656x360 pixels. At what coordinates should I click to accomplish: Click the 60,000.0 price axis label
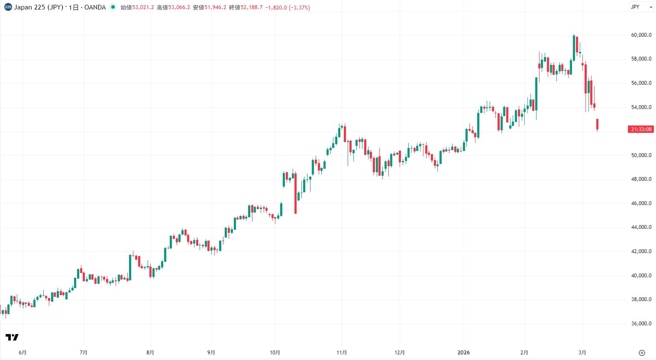coord(641,35)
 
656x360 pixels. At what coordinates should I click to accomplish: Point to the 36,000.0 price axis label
coord(641,324)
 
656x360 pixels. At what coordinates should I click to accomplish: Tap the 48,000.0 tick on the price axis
coord(641,179)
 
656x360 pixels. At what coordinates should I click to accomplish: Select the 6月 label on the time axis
coord(23,353)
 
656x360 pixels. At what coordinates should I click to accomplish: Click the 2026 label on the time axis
coord(463,353)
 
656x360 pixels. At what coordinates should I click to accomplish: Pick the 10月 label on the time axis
coord(275,353)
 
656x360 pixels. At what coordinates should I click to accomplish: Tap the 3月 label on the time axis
coord(582,353)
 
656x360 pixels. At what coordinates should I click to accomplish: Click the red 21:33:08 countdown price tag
coord(641,129)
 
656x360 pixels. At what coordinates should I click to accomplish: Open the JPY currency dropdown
coord(641,7)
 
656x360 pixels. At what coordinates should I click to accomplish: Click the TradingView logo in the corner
coord(12,337)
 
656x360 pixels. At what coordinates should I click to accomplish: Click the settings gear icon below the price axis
coord(642,353)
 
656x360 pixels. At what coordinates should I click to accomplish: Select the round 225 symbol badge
coord(8,7)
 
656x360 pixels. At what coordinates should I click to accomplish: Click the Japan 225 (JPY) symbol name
coord(39,7)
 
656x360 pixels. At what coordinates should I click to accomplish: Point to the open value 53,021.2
coord(143,7)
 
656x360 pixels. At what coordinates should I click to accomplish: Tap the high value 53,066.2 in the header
coord(179,7)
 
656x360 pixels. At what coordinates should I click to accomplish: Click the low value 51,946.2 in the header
coord(215,7)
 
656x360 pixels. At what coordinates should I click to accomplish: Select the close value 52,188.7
coord(252,7)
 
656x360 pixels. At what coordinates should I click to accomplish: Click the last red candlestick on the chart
coord(597,124)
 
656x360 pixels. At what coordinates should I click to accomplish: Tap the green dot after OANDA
coord(113,7)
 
